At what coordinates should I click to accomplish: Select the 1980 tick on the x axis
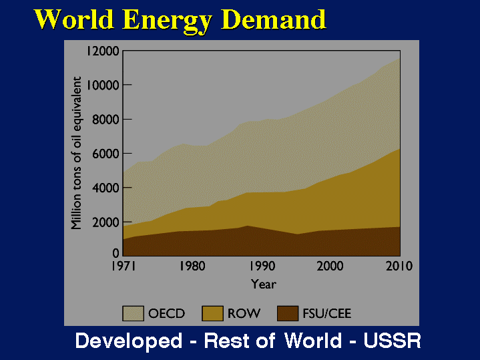click(x=192, y=266)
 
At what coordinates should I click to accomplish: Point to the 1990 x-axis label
click(x=262, y=266)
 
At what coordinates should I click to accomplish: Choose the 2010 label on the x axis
click(x=399, y=266)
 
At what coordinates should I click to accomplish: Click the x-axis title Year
click(x=263, y=285)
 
